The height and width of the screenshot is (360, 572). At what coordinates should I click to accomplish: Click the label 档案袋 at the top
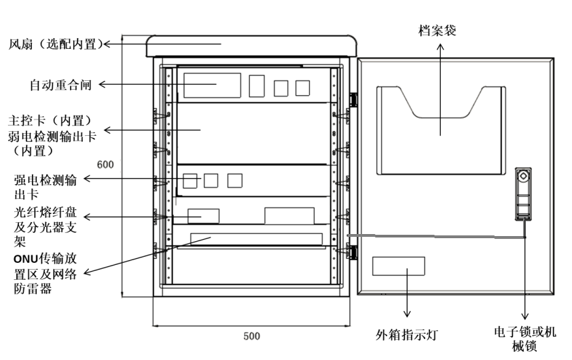pos(437,31)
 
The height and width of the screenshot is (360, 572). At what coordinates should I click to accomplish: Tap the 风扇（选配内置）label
pos(56,44)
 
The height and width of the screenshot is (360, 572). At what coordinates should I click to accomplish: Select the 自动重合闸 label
pos(60,85)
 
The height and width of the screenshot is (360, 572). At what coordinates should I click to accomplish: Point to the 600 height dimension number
pos(105,164)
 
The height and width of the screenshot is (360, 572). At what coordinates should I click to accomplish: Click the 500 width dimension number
pos(252,336)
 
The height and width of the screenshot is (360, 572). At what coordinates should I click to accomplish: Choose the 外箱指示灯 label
pos(406,334)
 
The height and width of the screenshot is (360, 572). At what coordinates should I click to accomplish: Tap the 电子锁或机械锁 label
pos(525,339)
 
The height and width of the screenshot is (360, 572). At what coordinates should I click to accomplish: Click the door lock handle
pos(523,194)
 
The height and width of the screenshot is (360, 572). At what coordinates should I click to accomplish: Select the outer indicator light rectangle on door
pos(398,266)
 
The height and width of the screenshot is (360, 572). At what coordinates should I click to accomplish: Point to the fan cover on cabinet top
pos(252,46)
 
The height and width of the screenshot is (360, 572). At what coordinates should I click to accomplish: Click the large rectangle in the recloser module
pos(212,86)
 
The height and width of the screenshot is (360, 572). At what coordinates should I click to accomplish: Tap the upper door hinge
pos(353,99)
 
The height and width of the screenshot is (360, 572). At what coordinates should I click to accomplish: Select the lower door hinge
pos(353,252)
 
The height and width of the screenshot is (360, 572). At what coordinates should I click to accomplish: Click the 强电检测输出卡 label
pos(46,187)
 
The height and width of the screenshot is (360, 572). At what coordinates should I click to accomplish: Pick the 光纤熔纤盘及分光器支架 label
pos(46,227)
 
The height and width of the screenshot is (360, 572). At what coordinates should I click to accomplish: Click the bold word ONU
pos(26,259)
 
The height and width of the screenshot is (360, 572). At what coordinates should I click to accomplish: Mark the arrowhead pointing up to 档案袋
pos(441,48)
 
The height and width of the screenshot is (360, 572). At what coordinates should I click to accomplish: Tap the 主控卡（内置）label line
pos(50,121)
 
